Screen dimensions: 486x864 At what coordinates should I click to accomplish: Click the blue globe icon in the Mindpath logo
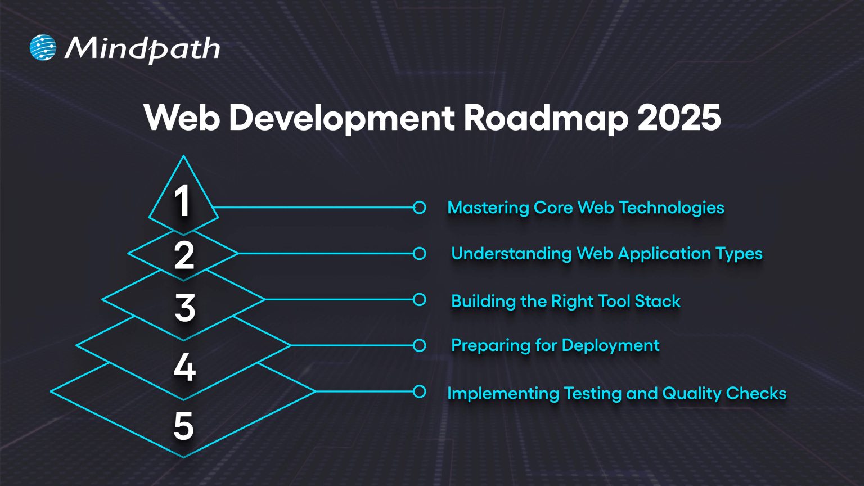[x=43, y=48]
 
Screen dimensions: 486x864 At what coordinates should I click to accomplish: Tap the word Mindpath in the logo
[x=142, y=49]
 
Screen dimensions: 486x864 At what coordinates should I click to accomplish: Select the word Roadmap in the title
[x=546, y=118]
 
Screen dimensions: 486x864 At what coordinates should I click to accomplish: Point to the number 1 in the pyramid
[x=182, y=201]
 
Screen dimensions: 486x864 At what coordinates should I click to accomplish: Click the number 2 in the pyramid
[x=184, y=255]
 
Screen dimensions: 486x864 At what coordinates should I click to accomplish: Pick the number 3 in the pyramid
[x=184, y=308]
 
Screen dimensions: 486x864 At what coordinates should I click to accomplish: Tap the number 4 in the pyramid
[x=184, y=368]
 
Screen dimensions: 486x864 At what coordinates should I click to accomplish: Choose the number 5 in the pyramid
[x=184, y=426]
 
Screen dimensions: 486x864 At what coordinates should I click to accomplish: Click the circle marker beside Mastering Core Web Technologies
[x=419, y=207]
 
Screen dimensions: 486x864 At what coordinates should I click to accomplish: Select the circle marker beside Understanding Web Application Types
[x=419, y=254]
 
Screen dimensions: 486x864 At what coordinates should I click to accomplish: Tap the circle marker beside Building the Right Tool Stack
[x=419, y=300]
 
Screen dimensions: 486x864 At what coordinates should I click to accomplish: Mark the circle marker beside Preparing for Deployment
[x=419, y=345]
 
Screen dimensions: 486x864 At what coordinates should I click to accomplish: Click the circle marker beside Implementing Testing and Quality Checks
[x=419, y=391]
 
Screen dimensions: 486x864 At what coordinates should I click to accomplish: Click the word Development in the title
[x=342, y=118]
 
